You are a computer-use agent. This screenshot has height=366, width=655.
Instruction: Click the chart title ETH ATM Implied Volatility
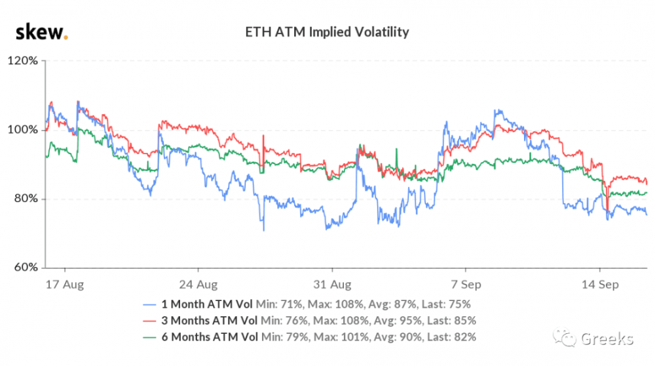[327, 31]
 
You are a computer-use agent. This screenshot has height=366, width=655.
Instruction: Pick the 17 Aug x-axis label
[64, 285]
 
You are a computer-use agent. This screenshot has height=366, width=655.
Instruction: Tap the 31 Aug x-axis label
[332, 285]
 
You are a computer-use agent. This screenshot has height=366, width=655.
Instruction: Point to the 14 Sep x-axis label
[600, 285]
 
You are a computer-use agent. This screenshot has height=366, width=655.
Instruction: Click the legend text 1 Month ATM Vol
[210, 305]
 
